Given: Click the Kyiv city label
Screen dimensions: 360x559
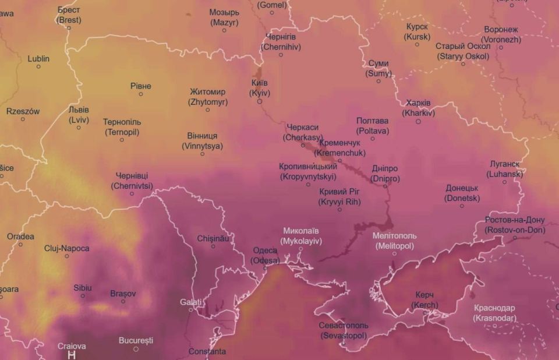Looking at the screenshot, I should [259, 87].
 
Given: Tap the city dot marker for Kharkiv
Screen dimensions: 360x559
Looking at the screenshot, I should [418, 121].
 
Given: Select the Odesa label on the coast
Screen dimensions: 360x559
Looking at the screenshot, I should [265, 256].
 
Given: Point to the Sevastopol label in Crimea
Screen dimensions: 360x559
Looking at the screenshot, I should [344, 330].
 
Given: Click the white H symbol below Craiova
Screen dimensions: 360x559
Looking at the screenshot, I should [72, 355].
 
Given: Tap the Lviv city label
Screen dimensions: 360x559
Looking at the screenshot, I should [79, 114].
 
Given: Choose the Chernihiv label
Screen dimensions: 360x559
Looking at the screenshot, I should [281, 41].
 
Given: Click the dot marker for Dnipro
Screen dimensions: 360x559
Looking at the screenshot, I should [385, 186].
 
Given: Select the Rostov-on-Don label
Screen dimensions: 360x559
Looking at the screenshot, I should [514, 225].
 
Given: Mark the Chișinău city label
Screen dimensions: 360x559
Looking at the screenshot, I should [213, 238].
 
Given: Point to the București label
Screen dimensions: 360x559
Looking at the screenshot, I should [136, 340].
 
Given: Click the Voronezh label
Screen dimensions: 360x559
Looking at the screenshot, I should [501, 34].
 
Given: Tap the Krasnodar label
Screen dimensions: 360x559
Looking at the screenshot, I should [494, 313].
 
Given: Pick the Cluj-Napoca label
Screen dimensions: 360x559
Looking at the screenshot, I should [67, 248].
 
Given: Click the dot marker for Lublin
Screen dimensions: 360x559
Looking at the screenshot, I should [38, 66].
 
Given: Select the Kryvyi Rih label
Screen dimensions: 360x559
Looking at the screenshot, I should [339, 196].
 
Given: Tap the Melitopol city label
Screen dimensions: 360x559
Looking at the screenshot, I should [394, 241].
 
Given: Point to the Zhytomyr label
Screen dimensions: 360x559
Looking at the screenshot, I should [207, 97].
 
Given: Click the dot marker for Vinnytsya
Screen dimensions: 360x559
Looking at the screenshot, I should [202, 154].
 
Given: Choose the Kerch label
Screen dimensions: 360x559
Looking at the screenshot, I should [424, 301].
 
